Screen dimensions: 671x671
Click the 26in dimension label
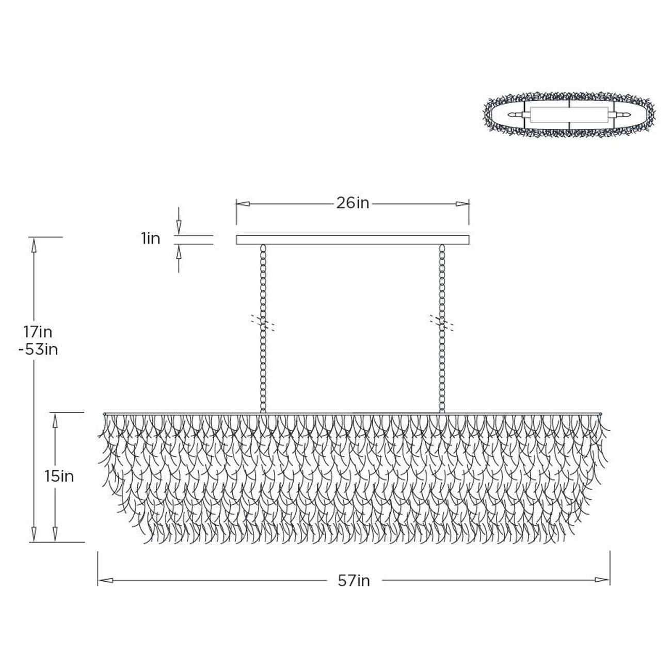(x=353, y=203)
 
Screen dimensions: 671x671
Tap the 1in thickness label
(x=150, y=239)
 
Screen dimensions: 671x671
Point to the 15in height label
(x=59, y=476)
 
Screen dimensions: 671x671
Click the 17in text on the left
(x=38, y=332)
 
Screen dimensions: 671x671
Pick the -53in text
(x=38, y=349)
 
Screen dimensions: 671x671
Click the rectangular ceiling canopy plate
(x=353, y=239)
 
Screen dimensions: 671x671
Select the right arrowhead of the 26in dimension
(x=462, y=204)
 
